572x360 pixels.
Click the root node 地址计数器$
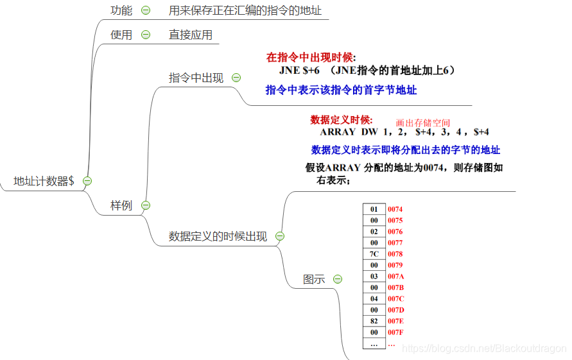point(44,181)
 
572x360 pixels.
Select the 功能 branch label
point(121,10)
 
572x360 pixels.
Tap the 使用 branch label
point(121,35)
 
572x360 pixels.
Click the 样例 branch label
point(121,205)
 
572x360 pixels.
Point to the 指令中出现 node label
point(196,78)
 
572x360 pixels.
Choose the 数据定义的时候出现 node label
point(218,236)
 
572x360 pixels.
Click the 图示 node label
point(314,279)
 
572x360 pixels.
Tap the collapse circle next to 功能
point(146,10)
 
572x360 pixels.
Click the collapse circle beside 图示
point(338,279)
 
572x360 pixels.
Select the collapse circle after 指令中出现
point(236,78)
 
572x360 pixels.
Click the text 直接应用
point(191,35)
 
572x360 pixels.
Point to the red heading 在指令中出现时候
point(310,57)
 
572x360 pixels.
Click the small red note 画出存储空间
point(423,123)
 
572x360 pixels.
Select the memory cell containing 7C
point(374,254)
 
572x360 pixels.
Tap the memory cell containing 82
point(374,321)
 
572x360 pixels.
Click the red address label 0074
point(395,209)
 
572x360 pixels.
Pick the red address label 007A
point(395,277)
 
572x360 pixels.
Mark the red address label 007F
point(395,332)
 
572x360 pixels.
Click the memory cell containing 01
point(374,209)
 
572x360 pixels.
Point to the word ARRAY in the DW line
point(337,132)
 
